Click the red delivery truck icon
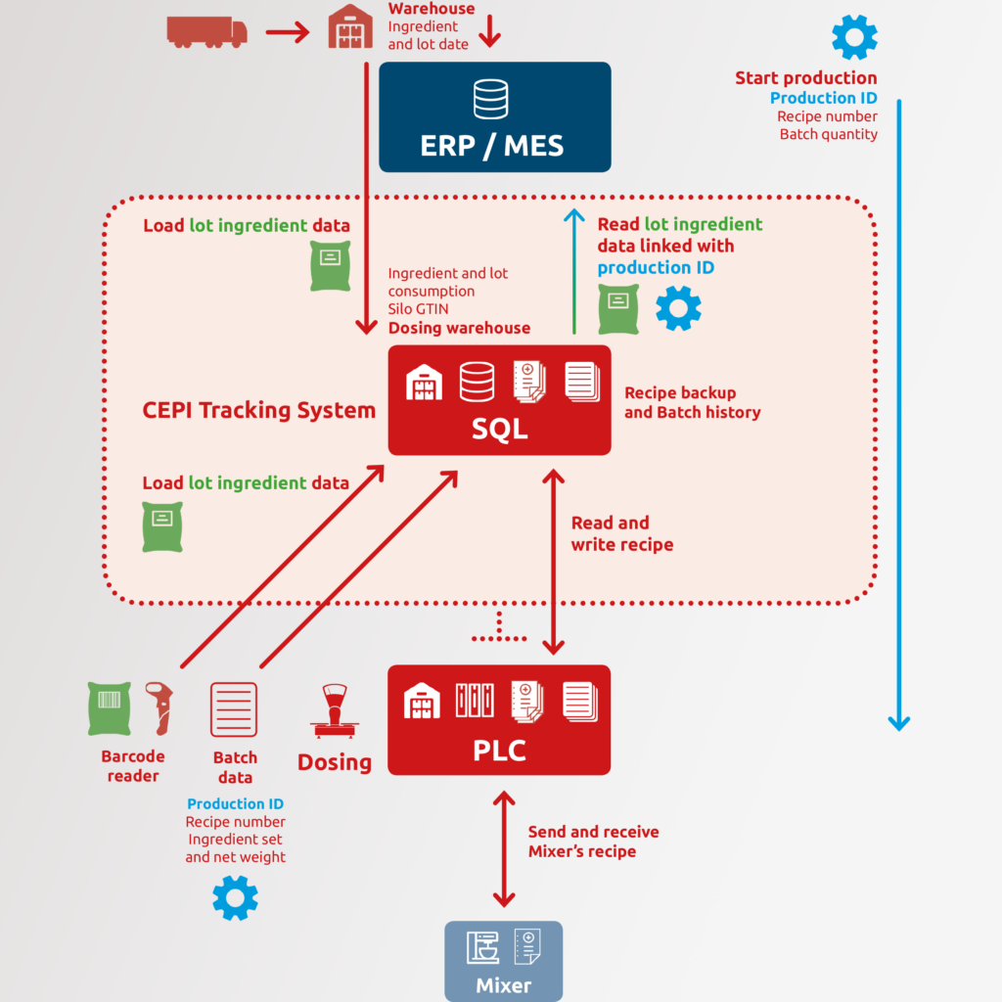click(207, 32)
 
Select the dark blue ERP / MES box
click(494, 117)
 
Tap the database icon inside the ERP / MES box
click(491, 99)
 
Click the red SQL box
click(499, 400)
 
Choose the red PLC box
click(499, 719)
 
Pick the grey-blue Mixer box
click(504, 961)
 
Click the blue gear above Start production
click(854, 37)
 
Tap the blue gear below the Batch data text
click(235, 898)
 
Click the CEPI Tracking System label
click(258, 410)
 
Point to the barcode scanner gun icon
click(159, 708)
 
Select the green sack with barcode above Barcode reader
click(110, 708)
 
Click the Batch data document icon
click(234, 709)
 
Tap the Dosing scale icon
click(335, 710)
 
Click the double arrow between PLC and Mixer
click(504, 849)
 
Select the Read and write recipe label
click(621, 533)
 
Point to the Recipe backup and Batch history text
click(692, 402)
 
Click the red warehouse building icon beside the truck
click(350, 26)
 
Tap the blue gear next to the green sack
click(679, 308)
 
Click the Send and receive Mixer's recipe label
click(593, 841)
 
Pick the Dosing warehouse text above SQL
click(460, 328)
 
